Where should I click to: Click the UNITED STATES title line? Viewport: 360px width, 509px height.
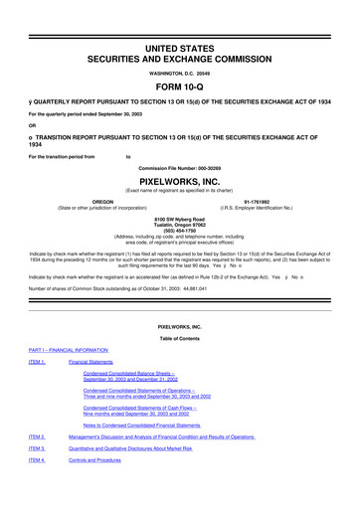coord(179,19)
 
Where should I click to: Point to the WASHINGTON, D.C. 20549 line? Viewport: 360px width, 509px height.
coord(179,46)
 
